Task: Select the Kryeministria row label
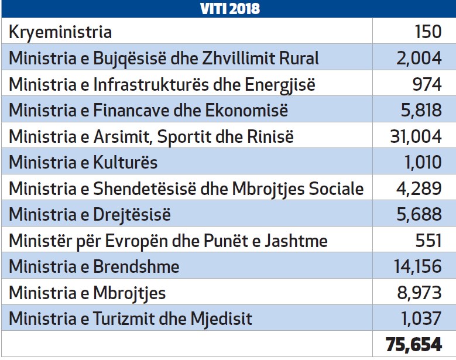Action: click(x=60, y=32)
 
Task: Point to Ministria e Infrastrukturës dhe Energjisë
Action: click(x=162, y=84)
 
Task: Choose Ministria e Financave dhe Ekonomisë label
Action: click(x=149, y=110)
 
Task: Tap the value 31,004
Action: click(x=415, y=136)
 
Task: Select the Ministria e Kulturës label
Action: click(x=83, y=162)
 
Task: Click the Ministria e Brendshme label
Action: click(x=94, y=267)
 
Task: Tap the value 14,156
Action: click(x=415, y=267)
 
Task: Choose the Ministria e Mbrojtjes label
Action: click(x=87, y=293)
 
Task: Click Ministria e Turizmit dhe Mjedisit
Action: click(x=131, y=319)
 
